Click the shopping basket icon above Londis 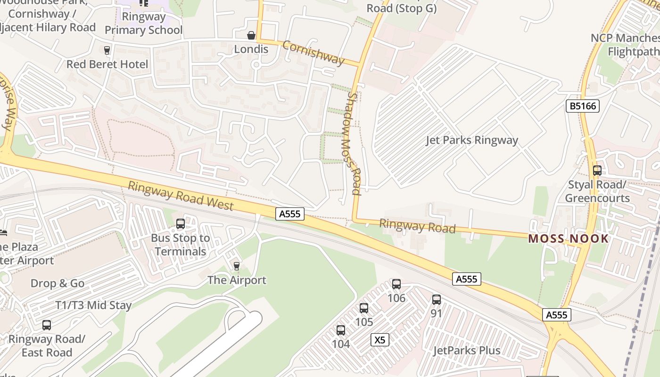click(251, 35)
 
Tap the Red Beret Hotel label click(107, 64)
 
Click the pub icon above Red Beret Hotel click(107, 50)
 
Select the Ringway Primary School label click(143, 24)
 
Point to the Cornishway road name click(313, 52)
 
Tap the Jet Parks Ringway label click(471, 140)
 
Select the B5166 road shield click(583, 106)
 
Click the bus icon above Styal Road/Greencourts click(597, 171)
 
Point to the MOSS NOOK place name click(568, 238)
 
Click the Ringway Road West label click(181, 196)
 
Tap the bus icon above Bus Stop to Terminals click(181, 224)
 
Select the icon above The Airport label click(237, 266)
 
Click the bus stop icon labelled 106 click(396, 284)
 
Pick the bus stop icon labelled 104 click(341, 330)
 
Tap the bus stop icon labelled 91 click(437, 299)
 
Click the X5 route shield click(380, 340)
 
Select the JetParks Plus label click(467, 351)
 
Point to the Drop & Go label click(58, 283)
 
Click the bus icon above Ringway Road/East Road click(46, 325)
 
